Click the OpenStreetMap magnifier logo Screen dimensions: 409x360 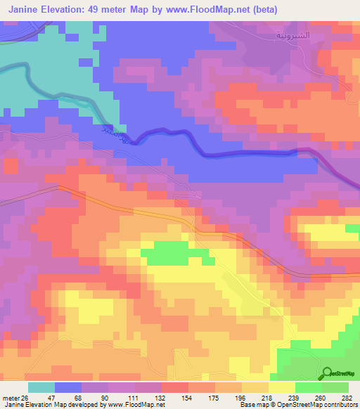point(327,373)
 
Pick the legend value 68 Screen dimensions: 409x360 point(68,398)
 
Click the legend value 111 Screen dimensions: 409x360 point(122,398)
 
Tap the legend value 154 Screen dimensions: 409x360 point(175,398)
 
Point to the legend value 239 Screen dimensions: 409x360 point(282,398)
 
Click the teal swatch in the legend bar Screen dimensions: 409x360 point(41,387)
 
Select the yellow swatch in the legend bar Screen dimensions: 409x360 point(282,387)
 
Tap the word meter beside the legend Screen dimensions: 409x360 point(9,398)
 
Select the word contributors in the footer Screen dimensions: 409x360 point(341,405)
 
